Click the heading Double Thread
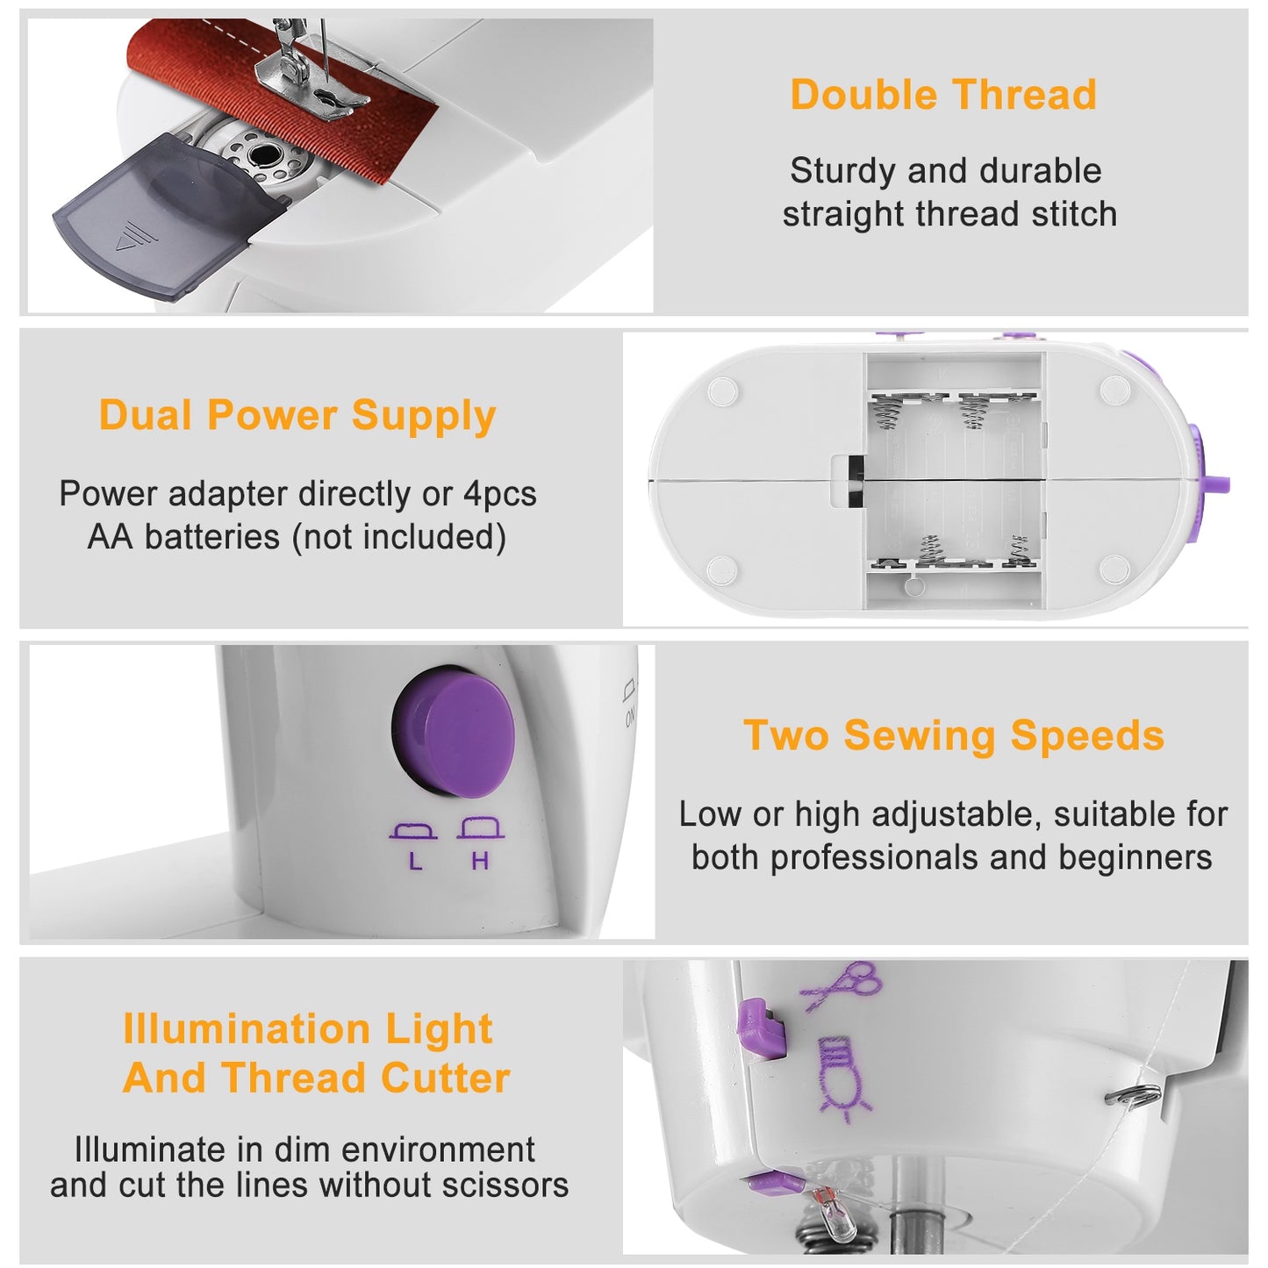pos(943,95)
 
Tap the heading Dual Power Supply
pos(297,416)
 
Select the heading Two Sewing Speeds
pos(954,735)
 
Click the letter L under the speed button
pos(415,862)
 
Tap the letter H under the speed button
pos(480,862)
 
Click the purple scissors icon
pos(842,985)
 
